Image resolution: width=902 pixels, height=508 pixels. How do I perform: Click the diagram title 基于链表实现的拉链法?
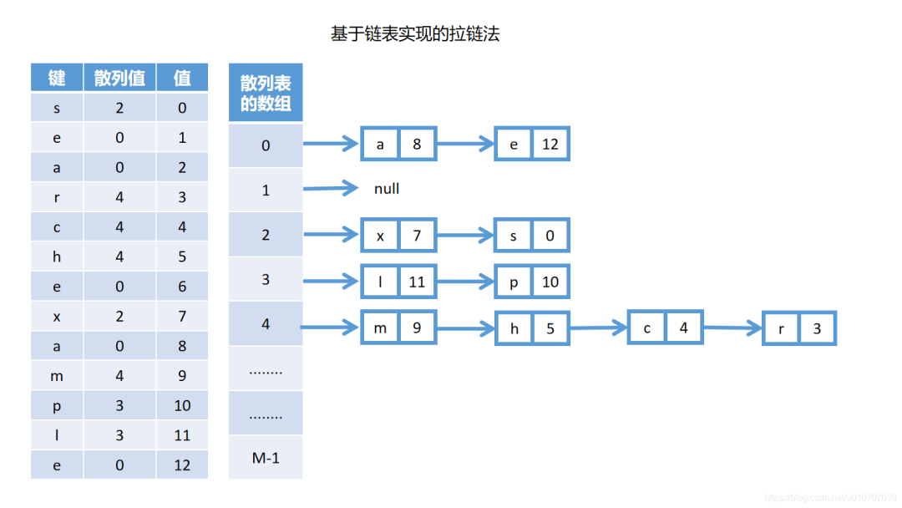(x=415, y=34)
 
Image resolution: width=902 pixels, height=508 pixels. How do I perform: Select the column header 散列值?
(x=119, y=78)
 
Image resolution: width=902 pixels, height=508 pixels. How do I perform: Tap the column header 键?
(x=57, y=78)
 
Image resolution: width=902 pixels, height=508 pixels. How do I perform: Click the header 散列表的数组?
(x=266, y=93)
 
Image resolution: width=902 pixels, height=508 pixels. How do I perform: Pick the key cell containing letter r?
(x=57, y=197)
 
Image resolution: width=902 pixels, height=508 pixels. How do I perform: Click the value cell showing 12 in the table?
(x=182, y=465)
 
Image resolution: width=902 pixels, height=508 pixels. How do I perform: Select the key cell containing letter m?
(x=57, y=376)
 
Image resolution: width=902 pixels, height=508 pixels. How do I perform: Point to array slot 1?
(x=266, y=190)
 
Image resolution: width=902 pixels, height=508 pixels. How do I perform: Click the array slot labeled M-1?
(x=266, y=457)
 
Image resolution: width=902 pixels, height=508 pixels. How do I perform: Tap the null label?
(x=387, y=189)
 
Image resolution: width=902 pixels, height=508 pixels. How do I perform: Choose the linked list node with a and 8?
(x=398, y=145)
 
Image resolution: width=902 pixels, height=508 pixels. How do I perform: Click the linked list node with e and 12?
(x=532, y=145)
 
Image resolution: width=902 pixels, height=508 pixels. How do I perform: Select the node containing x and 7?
(x=398, y=236)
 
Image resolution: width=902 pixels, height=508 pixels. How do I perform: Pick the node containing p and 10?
(x=532, y=282)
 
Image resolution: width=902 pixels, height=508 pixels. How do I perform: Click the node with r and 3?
(x=799, y=328)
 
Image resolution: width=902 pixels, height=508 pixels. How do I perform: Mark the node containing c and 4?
(x=666, y=328)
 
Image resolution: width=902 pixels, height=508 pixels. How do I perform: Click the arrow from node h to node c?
(x=598, y=328)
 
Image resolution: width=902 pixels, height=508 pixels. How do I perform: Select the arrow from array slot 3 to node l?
(x=331, y=281)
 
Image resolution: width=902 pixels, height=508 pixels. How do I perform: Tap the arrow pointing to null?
(x=331, y=189)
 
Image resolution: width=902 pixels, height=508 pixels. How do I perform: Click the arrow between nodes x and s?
(x=466, y=236)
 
